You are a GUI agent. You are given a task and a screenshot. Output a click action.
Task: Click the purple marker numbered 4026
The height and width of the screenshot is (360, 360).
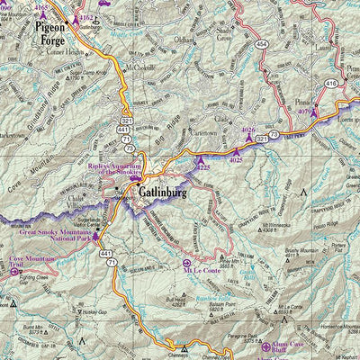(249, 136)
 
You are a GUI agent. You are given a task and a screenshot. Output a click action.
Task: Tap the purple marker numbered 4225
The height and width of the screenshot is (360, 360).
(200, 161)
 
